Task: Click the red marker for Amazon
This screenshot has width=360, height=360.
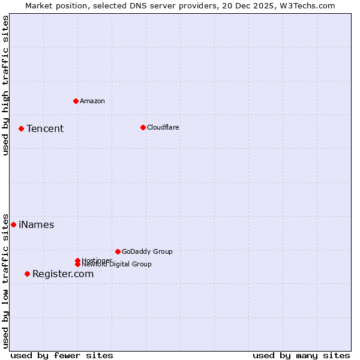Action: click(x=76, y=101)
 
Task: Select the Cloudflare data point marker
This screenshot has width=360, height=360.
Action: click(x=143, y=127)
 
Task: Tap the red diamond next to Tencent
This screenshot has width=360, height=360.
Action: click(x=21, y=128)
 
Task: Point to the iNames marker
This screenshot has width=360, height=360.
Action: click(x=13, y=224)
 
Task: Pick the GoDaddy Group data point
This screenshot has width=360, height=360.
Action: click(x=118, y=251)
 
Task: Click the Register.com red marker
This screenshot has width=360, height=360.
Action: click(x=27, y=274)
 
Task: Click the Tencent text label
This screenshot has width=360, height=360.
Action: click(x=45, y=129)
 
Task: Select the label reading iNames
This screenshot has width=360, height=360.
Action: click(x=36, y=225)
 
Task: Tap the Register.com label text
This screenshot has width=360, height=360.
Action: click(x=63, y=274)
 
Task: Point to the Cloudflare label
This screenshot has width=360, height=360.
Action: click(x=163, y=127)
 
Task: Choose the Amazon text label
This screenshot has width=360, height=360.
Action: click(x=92, y=101)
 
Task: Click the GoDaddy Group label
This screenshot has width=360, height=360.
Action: click(x=147, y=251)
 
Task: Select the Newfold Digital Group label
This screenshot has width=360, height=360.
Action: click(x=117, y=264)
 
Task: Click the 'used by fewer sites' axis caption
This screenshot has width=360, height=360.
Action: click(x=62, y=355)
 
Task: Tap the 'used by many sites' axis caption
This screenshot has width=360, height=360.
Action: click(x=301, y=355)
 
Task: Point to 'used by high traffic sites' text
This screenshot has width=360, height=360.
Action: click(x=5, y=85)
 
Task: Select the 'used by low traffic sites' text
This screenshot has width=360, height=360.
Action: click(x=5, y=280)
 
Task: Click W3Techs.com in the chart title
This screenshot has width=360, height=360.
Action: click(x=307, y=5)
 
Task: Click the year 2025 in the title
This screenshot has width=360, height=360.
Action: click(x=265, y=5)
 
